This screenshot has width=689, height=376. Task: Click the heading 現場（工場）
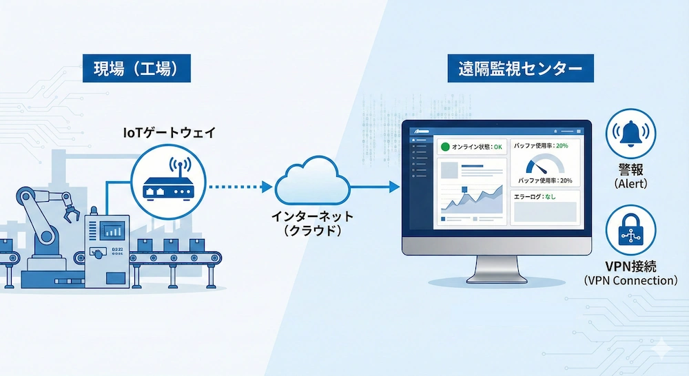[135, 69]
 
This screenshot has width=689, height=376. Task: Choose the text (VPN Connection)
[630, 281]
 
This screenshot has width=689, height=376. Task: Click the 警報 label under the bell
[630, 170]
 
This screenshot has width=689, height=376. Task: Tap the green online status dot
[445, 147]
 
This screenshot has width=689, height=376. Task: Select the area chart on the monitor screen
[472, 199]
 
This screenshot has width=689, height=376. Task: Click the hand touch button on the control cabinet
[101, 252]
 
